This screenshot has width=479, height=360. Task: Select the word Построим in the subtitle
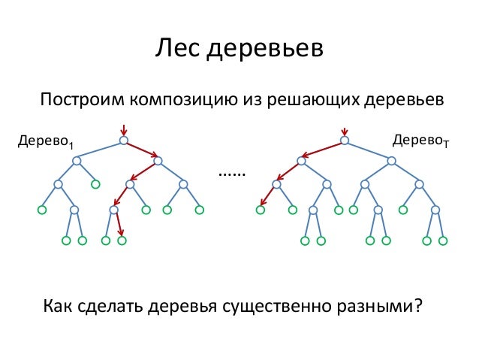point(80,100)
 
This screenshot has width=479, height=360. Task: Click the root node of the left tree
point(123,140)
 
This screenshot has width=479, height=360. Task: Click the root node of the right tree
point(344,140)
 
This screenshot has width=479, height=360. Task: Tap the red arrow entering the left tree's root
point(123,129)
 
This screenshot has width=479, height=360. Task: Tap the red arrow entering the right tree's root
point(344,129)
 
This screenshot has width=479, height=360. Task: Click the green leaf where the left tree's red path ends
point(122,241)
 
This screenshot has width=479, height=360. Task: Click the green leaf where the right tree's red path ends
point(261,210)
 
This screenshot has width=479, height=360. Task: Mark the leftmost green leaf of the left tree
point(42,210)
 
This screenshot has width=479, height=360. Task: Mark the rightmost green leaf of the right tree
point(443,241)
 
